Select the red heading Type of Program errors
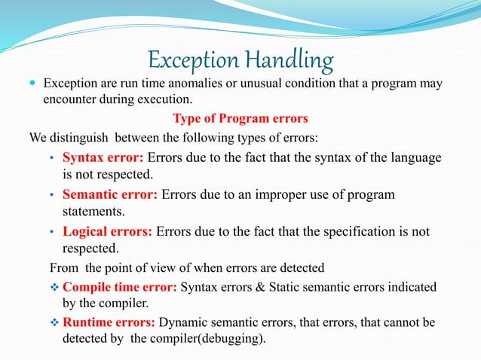point(240,118)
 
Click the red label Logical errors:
point(107,231)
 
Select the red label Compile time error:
point(120,287)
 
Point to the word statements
point(93,212)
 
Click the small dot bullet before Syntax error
point(51,158)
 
